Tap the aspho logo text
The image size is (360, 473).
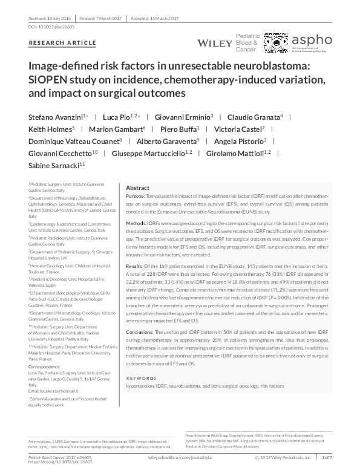pos(312,39)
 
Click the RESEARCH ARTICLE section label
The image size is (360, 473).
pos(62,43)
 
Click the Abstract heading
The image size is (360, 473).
pos(137,188)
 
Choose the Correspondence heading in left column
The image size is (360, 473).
pos(45,367)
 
